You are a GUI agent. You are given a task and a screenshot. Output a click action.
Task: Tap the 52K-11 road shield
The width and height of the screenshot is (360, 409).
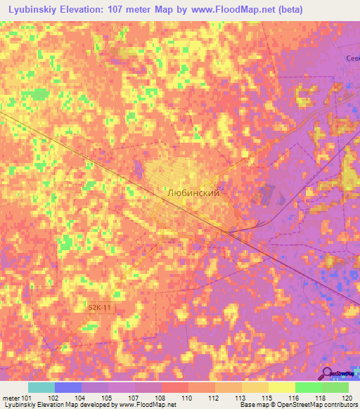click(x=100, y=308)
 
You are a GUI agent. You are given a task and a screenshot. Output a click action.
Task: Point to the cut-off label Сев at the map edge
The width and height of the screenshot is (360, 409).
click(x=352, y=59)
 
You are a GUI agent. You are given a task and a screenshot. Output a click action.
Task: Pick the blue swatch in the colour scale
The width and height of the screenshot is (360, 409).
click(x=68, y=387)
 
